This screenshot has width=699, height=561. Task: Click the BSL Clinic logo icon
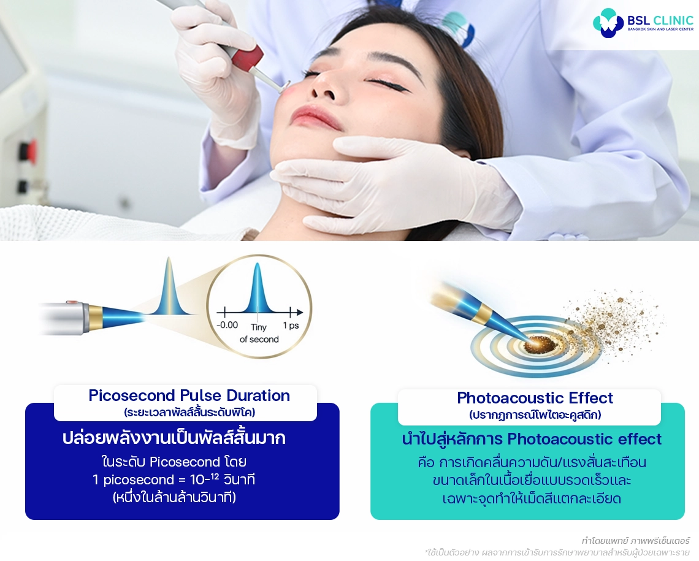tap(608, 23)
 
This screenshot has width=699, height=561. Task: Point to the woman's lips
tap(315, 116)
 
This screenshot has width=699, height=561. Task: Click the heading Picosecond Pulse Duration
tap(189, 395)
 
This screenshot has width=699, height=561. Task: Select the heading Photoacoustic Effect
tap(535, 398)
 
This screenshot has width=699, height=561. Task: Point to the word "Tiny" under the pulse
tap(259, 327)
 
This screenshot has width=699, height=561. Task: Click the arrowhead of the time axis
tap(300, 311)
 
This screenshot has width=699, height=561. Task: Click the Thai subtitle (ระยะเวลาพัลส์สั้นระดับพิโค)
tap(189, 412)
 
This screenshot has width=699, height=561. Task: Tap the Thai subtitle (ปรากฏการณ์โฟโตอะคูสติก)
tap(535, 415)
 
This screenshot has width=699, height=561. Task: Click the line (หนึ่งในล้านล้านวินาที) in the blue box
tap(174, 498)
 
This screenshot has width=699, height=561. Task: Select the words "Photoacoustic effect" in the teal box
tap(584, 440)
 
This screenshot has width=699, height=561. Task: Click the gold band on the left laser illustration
tap(96, 317)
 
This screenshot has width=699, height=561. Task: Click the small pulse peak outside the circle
tap(169, 288)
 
